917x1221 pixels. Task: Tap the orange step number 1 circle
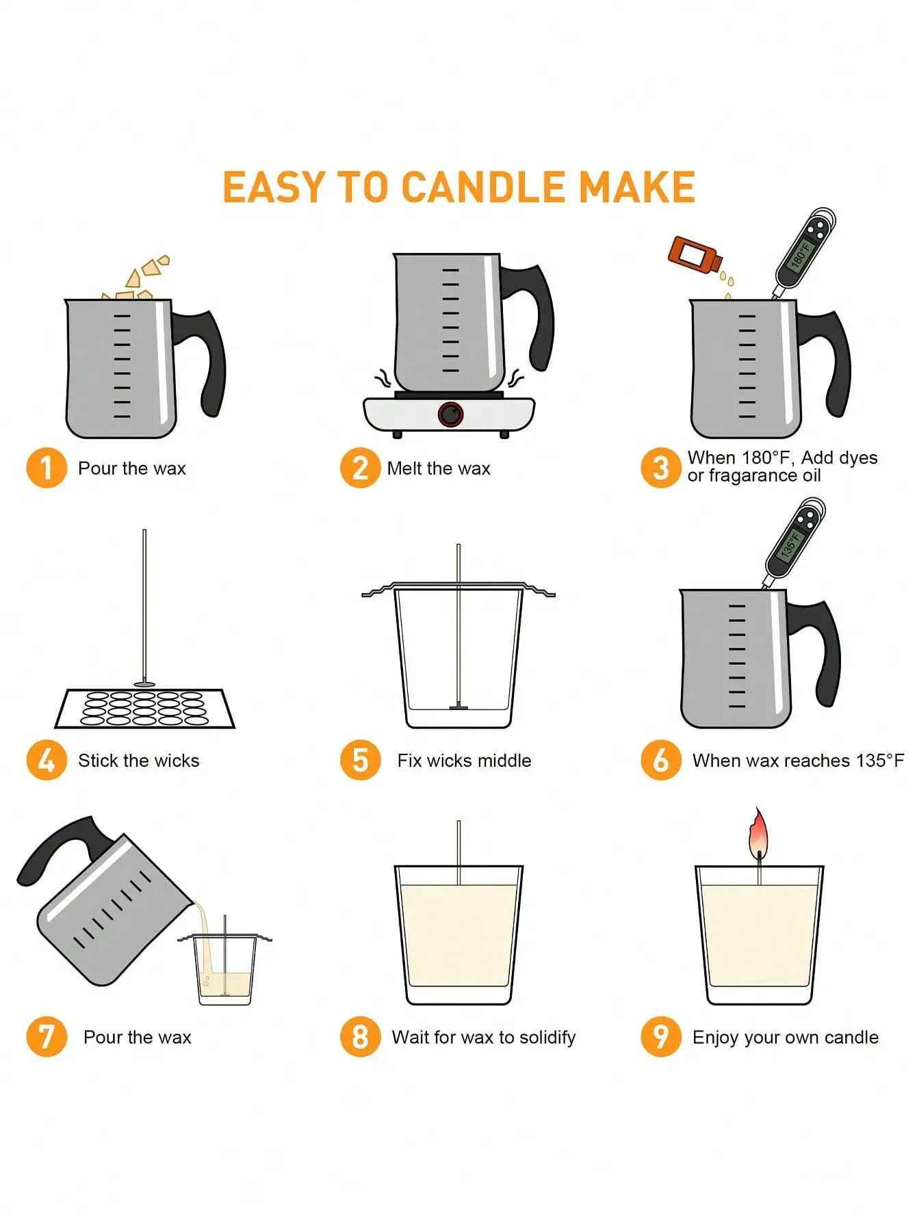(x=46, y=468)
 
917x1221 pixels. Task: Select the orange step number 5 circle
(x=360, y=760)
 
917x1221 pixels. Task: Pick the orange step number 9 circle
(x=660, y=1036)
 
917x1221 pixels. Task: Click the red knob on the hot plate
(x=450, y=414)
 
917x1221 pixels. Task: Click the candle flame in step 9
(x=758, y=833)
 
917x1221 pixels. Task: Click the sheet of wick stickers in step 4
(x=145, y=709)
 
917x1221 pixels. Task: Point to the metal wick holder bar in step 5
(x=458, y=588)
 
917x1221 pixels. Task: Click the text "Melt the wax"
(x=439, y=469)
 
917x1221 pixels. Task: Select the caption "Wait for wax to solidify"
(x=483, y=1037)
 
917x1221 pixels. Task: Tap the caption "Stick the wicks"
(x=138, y=761)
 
